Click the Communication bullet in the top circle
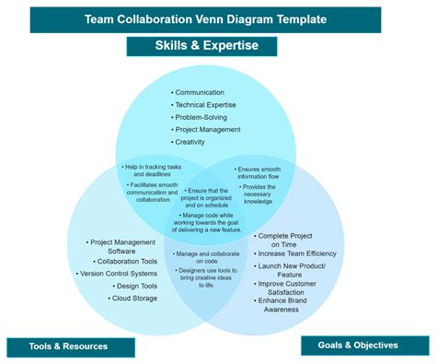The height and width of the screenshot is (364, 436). pyautogui.click(x=201, y=92)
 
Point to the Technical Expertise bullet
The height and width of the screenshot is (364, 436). pyautogui.click(x=207, y=105)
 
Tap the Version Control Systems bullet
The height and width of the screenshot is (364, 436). pyautogui.click(x=118, y=274)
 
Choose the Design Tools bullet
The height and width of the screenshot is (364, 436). pyautogui.click(x=135, y=287)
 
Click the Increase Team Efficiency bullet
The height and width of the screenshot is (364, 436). pyautogui.click(x=297, y=253)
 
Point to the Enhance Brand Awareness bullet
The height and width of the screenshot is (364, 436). pyautogui.click(x=290, y=305)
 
